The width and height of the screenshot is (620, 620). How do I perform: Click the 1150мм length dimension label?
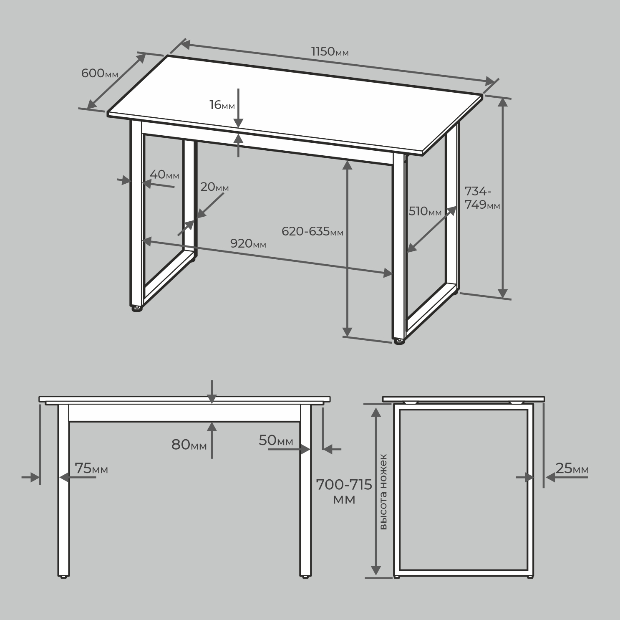[330, 51]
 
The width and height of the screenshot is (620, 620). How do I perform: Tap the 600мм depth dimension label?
[100, 73]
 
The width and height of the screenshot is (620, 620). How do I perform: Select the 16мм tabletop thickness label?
[222, 105]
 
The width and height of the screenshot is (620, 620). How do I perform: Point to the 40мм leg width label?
[164, 174]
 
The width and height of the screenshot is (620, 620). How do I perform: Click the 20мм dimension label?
[214, 187]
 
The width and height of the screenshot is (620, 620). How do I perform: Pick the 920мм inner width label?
[248, 243]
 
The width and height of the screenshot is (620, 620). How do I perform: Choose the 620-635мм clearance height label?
[313, 231]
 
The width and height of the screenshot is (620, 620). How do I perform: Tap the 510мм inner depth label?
[425, 211]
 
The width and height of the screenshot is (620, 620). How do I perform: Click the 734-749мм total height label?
[482, 198]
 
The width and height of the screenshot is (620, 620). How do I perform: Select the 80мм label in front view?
[189, 445]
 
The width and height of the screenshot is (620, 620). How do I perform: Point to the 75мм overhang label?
[91, 468]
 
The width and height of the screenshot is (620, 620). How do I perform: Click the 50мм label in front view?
[276, 440]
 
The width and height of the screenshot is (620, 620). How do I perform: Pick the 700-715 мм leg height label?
[344, 491]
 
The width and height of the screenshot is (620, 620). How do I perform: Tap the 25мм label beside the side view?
[572, 468]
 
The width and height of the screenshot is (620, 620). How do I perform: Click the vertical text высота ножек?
[383, 491]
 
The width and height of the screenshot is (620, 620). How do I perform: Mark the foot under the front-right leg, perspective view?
[399, 342]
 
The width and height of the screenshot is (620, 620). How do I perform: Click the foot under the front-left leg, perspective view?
[136, 309]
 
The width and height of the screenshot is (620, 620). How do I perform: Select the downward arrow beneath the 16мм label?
[238, 108]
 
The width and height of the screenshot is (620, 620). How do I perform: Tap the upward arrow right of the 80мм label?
[212, 440]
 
